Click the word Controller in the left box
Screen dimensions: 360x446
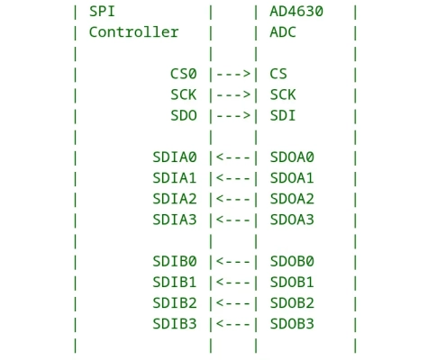[x=133, y=32]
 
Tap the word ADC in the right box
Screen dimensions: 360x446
[x=284, y=32]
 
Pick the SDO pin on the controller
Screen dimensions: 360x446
[x=184, y=115]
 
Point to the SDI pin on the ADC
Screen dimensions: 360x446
[x=284, y=115]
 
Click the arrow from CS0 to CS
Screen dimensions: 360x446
[x=233, y=74]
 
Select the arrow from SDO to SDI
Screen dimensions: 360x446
[x=233, y=115]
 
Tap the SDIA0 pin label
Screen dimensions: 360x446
[x=174, y=157]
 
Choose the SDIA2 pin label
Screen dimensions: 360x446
[x=174, y=199]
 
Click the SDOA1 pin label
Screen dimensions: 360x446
[x=293, y=178]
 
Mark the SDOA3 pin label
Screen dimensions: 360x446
[x=293, y=220]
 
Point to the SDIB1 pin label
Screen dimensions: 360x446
[x=174, y=282]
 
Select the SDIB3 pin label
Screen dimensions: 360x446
[x=174, y=323]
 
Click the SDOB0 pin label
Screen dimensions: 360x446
[x=293, y=261]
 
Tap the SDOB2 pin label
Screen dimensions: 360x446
[x=293, y=302]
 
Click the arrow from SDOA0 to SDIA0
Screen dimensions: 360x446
[x=233, y=157]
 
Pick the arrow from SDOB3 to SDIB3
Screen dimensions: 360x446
[x=233, y=323]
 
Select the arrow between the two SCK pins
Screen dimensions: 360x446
[x=233, y=94]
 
